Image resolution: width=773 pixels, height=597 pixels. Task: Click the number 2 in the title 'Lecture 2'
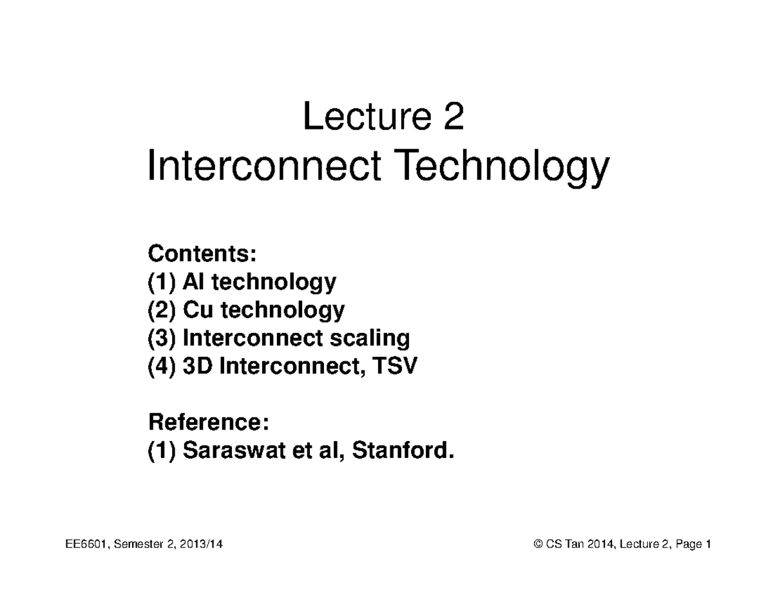point(453,118)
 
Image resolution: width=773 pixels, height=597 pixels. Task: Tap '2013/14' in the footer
point(203,544)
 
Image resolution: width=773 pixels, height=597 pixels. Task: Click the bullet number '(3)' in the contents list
point(162,339)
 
